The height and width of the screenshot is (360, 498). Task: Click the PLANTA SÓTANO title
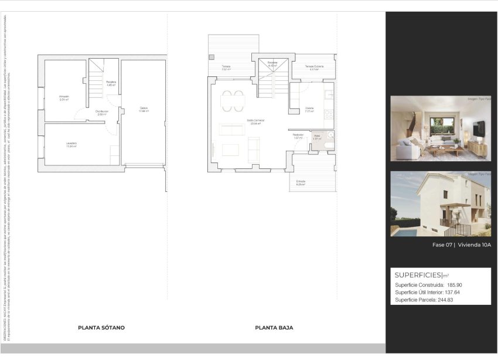(101, 328)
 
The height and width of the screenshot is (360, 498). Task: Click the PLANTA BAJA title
(274, 328)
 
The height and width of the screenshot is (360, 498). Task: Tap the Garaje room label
(144, 108)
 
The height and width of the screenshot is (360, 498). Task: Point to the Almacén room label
(64, 97)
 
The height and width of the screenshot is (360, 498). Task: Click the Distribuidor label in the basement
(101, 112)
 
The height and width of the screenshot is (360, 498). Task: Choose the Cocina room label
(310, 109)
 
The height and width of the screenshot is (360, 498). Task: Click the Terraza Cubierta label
(313, 67)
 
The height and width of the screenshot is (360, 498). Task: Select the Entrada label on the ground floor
(301, 181)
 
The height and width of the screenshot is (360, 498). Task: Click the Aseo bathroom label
(316, 136)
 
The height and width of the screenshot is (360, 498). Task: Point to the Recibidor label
(298, 136)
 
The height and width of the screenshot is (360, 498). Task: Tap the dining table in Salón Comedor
(233, 100)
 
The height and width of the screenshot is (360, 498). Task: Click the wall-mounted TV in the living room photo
(480, 127)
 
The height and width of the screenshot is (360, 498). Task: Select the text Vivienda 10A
(474, 245)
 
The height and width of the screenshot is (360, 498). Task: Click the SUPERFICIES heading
(418, 274)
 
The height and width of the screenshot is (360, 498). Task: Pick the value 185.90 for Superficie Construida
(454, 285)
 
